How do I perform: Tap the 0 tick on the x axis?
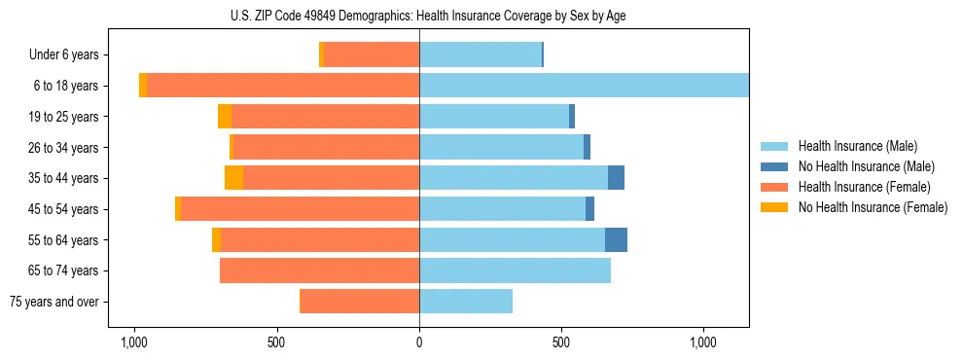419,342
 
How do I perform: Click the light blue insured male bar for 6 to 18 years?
584,86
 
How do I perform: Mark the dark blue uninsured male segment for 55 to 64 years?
616,239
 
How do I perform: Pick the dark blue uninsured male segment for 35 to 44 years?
616,178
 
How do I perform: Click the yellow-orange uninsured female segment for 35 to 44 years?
233,178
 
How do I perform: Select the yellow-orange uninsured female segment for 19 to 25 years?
225,117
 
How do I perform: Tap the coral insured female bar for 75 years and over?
360,302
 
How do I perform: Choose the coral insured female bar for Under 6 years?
372,55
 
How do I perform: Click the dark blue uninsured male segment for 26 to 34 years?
587,147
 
